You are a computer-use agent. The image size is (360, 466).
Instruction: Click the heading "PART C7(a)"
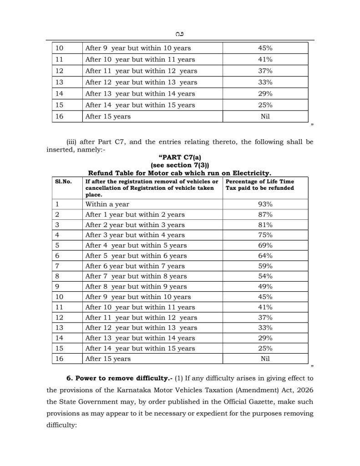180,157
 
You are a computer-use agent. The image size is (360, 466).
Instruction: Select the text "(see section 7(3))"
180,165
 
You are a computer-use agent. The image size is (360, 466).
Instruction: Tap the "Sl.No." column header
64,182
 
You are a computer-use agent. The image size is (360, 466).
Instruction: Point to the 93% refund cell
265,204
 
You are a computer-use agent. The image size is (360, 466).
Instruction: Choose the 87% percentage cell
265,214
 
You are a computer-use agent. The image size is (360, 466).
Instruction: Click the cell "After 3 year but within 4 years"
135,235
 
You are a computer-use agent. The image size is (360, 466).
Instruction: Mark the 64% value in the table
265,256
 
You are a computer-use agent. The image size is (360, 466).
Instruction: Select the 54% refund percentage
265,276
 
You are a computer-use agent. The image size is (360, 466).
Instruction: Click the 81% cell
265,225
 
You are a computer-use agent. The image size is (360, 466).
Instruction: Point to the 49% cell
265,287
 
